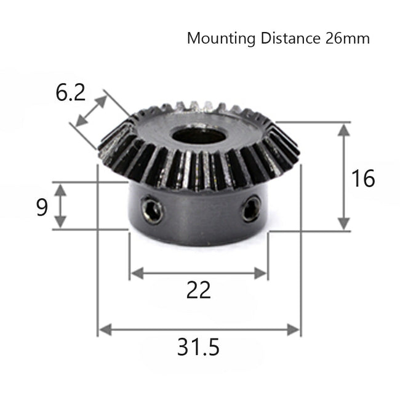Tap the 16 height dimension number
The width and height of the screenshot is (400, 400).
363,178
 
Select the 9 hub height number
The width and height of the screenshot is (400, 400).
42,207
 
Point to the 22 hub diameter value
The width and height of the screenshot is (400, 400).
198,289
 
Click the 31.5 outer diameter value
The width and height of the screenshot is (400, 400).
198,348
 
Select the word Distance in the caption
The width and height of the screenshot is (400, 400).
287,39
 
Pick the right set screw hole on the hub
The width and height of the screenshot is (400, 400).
250,210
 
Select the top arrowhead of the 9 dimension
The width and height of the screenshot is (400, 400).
60,188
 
